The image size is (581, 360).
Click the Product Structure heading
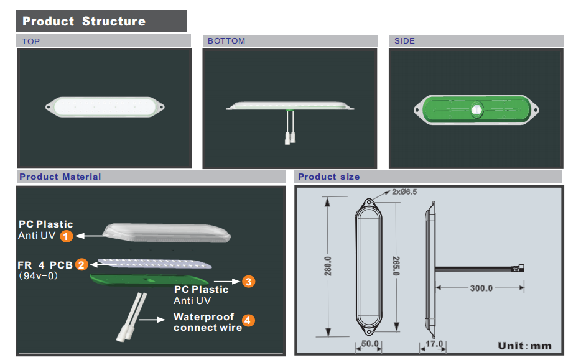[x=84, y=21]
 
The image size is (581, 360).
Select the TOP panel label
[x=30, y=41]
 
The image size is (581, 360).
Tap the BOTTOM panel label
[x=226, y=41]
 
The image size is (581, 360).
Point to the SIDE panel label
[x=404, y=41]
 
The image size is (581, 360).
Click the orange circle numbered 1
[x=67, y=236]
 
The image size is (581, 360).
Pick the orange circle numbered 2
[x=81, y=264]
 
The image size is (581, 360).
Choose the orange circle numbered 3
[x=249, y=282]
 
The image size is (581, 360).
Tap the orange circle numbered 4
[x=248, y=320]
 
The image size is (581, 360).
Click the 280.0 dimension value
[x=328, y=266]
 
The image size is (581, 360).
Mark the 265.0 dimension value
[x=396, y=266]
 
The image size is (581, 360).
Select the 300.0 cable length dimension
[x=481, y=288]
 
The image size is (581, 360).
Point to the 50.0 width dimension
[x=370, y=344]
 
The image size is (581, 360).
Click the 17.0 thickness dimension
[x=434, y=344]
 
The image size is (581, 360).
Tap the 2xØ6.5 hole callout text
[x=404, y=192]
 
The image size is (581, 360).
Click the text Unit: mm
[x=524, y=346]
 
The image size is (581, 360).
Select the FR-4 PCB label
[x=45, y=265]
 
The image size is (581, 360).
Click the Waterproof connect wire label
[x=208, y=322]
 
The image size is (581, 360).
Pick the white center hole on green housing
[x=476, y=109]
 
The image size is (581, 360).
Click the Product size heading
[x=329, y=177]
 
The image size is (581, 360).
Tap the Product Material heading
[x=60, y=177]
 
